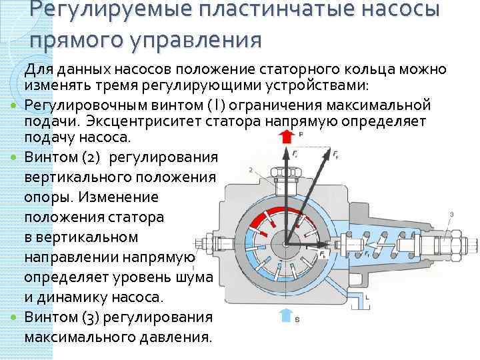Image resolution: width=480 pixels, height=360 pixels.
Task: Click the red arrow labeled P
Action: point(287,137)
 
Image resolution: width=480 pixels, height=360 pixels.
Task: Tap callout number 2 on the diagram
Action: point(251,171)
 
